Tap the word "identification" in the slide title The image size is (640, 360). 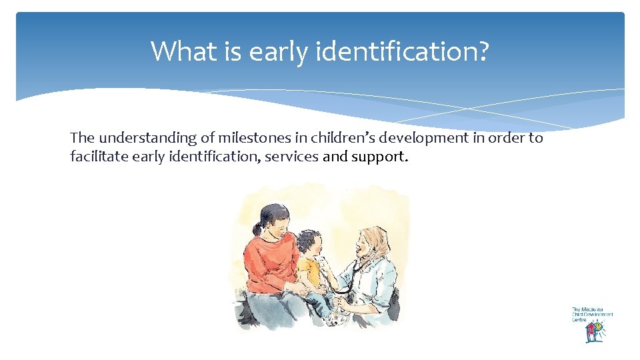[393, 51]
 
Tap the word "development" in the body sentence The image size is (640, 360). [423, 139]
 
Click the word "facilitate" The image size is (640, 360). [95, 157]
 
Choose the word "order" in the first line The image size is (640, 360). [506, 138]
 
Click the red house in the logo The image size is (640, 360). [591, 333]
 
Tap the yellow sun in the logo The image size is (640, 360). [600, 326]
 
